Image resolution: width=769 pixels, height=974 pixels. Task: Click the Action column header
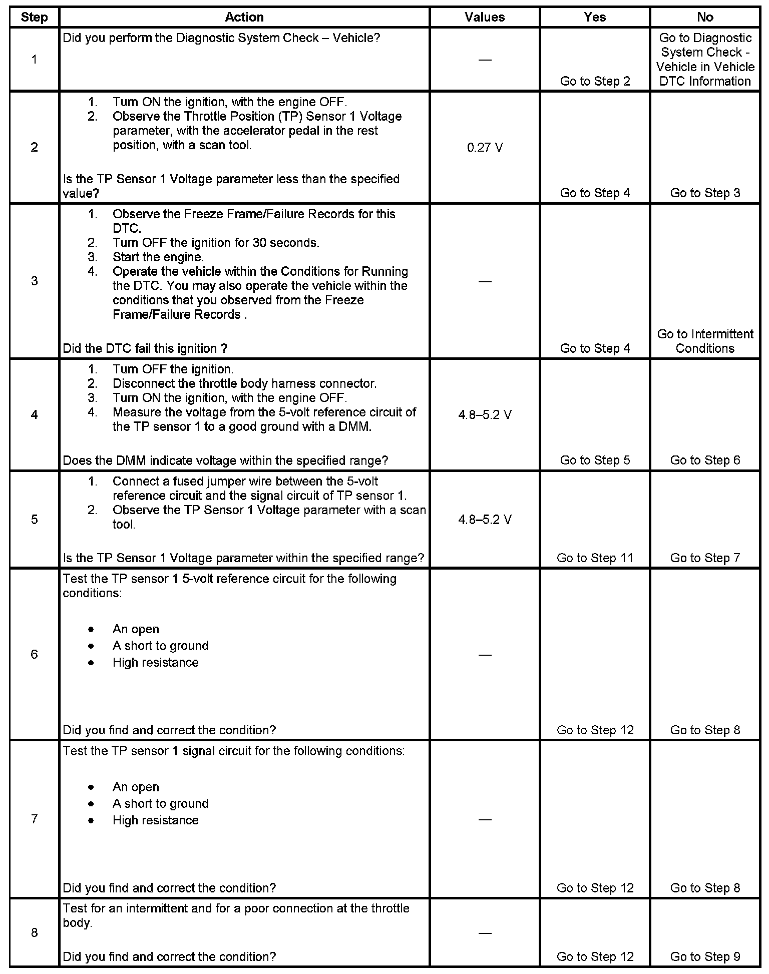pos(244,17)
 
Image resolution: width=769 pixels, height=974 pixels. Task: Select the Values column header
pos(484,17)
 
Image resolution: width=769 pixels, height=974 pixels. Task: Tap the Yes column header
pos(595,17)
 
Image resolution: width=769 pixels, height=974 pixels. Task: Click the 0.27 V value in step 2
pos(485,148)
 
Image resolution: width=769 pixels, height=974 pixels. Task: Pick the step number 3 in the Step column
pos(34,281)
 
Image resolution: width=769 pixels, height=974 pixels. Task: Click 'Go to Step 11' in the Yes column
pos(595,558)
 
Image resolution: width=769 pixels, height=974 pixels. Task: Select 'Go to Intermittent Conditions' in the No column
pos(705,341)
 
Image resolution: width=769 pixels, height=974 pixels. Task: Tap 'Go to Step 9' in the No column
pos(705,956)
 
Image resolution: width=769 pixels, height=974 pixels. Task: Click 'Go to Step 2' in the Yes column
pos(595,81)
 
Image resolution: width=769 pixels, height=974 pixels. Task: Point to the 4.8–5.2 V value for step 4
pos(485,415)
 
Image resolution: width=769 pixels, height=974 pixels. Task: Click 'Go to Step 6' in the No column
pos(705,460)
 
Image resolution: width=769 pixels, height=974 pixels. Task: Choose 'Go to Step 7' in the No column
pos(705,558)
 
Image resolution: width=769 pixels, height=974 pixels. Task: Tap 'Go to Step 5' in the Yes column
pos(595,460)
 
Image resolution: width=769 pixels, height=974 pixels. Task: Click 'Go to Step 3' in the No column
pos(705,193)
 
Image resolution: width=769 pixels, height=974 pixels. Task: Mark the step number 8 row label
pos(34,933)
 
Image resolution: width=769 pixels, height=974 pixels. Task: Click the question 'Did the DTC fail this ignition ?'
pos(146,348)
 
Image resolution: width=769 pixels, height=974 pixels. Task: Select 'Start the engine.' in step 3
pos(158,257)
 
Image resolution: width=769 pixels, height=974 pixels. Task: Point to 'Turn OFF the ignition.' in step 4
pos(173,369)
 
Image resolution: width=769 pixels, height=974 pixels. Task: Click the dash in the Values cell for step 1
pos(485,60)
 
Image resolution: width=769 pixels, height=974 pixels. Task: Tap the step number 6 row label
pos(34,654)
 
